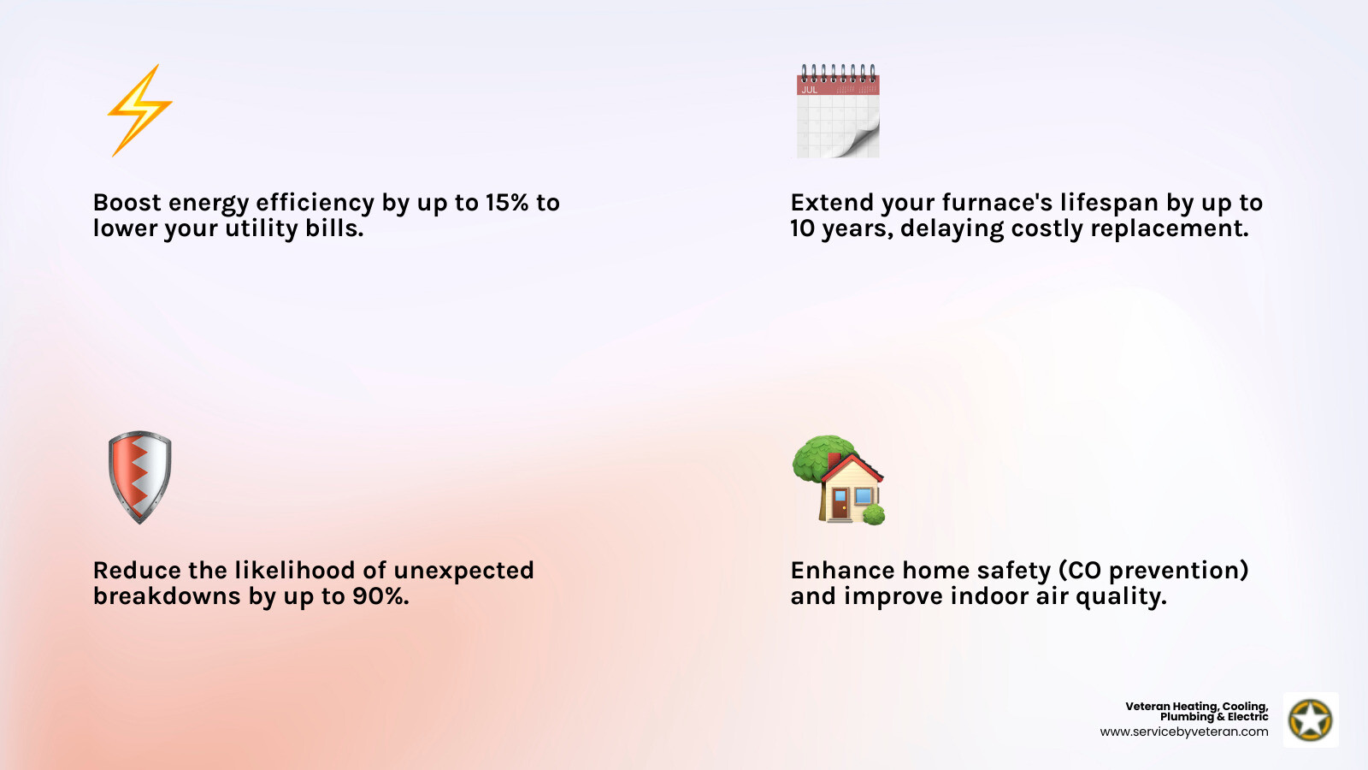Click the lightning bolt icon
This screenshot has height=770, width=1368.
click(139, 110)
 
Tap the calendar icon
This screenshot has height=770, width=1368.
click(838, 111)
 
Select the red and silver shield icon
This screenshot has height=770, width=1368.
click(139, 477)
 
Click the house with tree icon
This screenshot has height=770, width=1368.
click(838, 479)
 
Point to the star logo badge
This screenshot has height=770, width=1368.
click(1311, 720)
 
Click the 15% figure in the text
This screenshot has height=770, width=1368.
click(507, 203)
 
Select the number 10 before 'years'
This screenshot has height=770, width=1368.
click(802, 228)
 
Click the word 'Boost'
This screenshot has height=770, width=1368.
click(127, 203)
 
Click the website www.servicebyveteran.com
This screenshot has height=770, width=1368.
click(1184, 732)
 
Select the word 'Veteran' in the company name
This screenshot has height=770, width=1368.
click(1147, 707)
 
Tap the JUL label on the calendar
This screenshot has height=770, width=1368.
click(809, 90)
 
